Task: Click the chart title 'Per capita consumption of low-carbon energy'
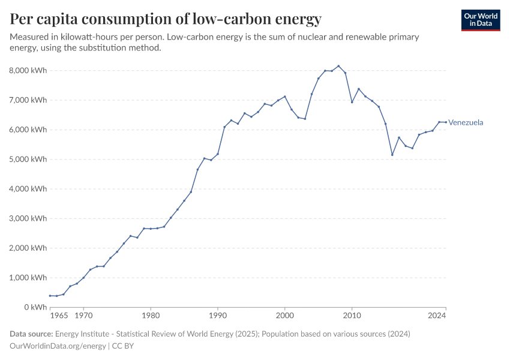click(x=166, y=19)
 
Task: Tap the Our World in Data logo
click(x=480, y=20)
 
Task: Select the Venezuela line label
click(x=466, y=122)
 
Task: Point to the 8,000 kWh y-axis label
click(x=28, y=70)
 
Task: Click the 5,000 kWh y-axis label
click(x=28, y=159)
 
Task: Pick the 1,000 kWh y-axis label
click(x=28, y=278)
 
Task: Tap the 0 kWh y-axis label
click(x=35, y=307)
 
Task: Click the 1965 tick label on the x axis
click(x=58, y=315)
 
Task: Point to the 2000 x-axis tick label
click(x=284, y=315)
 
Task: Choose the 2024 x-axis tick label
click(x=437, y=315)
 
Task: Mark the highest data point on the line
click(x=338, y=66)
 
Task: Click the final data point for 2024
click(x=446, y=122)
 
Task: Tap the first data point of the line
click(x=50, y=296)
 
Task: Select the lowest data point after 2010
click(x=392, y=155)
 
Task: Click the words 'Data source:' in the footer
click(x=32, y=334)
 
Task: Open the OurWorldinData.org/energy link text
click(x=58, y=346)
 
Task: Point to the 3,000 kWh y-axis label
click(x=28, y=218)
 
